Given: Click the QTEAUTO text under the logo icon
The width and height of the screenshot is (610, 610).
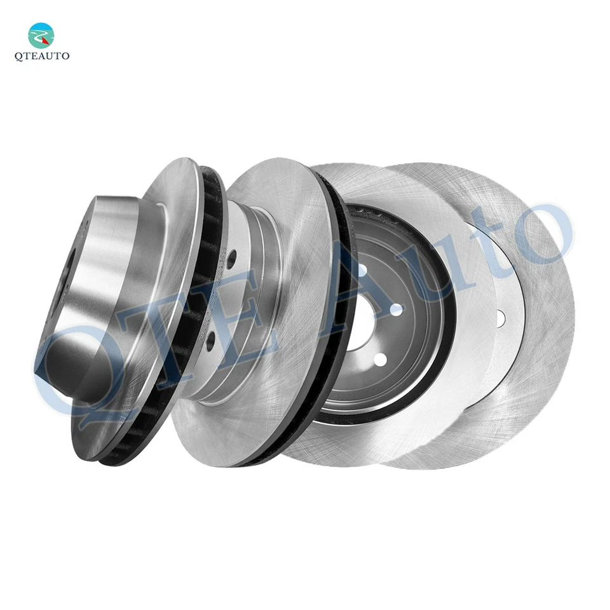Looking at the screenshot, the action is click(x=41, y=56).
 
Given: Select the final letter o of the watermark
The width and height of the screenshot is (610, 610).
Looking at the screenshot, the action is click(x=540, y=235).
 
